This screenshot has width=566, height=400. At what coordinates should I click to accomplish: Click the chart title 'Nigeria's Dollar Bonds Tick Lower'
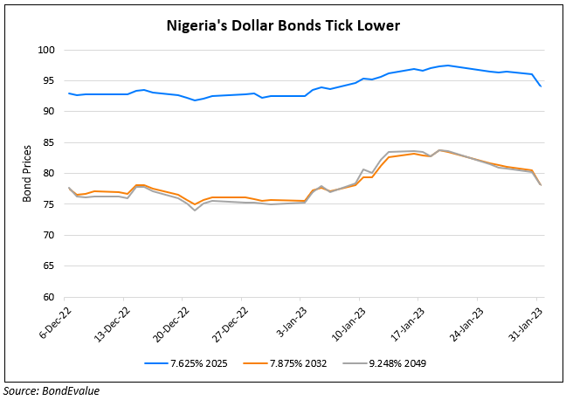coord(283,25)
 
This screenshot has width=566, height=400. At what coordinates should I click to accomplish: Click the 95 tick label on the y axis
coord(48,81)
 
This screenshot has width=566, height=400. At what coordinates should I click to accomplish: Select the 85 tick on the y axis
coord(48,143)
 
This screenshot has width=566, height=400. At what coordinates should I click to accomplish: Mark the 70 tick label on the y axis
coord(48,236)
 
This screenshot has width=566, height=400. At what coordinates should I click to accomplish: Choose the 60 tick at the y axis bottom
coord(48,297)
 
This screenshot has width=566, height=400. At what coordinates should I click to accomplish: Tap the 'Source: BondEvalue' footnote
coord(51,390)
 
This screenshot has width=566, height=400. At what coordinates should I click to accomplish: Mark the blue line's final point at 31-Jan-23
coord(540,86)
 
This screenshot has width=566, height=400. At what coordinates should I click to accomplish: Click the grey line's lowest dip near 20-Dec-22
coord(195,210)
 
